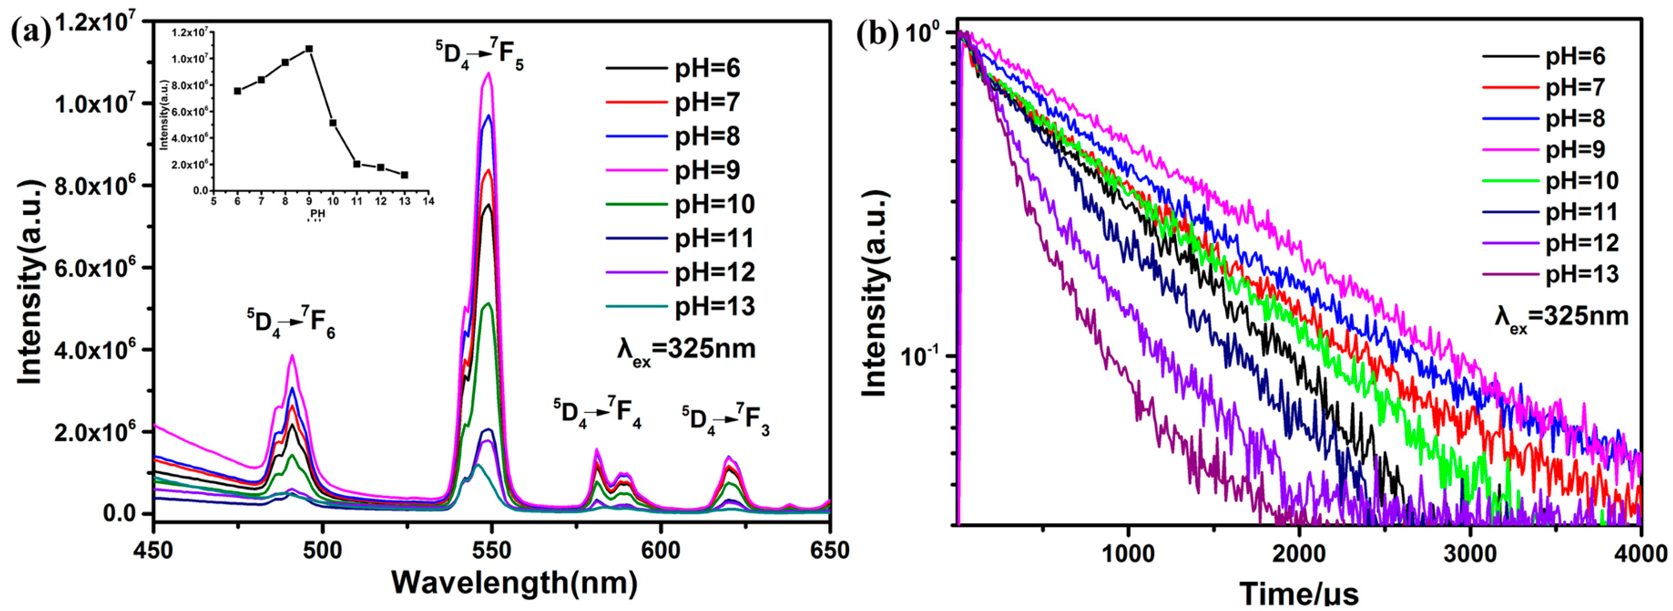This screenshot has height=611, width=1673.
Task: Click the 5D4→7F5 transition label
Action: tap(479, 55)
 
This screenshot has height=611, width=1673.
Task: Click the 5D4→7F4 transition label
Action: tap(597, 413)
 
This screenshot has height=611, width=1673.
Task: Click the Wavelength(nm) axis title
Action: tap(513, 583)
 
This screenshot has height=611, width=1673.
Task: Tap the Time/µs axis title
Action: tap(1299, 593)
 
